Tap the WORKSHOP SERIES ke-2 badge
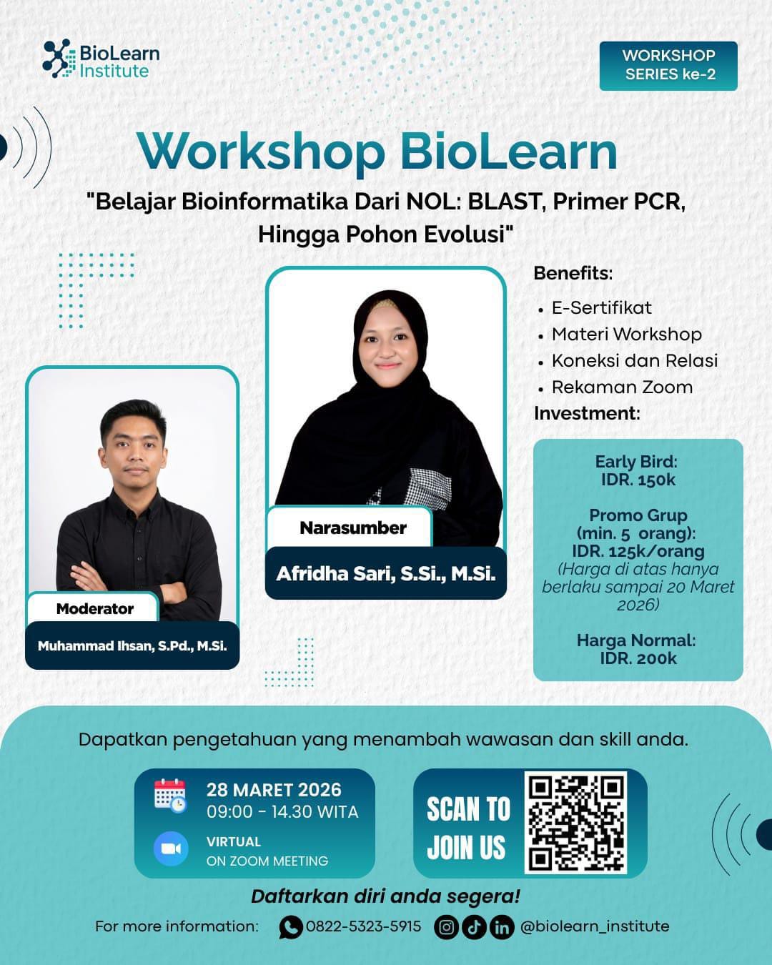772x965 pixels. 668,66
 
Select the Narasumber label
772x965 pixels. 353,528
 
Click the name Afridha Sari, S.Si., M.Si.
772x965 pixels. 386,573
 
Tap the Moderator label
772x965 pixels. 95,608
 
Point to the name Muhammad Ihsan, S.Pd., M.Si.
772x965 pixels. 132,645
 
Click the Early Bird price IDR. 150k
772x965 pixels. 638,480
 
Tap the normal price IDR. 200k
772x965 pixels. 638,658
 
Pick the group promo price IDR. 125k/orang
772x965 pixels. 638,551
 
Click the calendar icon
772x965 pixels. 170,796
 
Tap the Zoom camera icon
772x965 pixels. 170,849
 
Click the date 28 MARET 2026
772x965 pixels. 274,790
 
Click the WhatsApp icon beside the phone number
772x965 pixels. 290,927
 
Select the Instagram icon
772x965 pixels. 446,927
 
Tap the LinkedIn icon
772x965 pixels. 502,927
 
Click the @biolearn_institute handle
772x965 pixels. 595,926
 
